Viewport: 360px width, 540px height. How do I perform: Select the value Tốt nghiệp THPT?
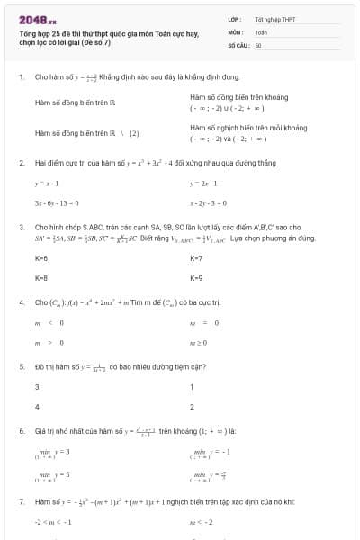click(275, 18)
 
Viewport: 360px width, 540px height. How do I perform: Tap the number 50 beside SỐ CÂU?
click(258, 44)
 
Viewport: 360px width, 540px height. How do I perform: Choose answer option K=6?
click(41, 258)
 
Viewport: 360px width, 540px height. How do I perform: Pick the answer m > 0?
click(43, 343)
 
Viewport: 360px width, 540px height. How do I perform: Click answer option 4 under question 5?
click(37, 407)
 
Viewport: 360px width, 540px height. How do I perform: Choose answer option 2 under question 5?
click(193, 407)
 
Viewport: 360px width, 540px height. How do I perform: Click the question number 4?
click(21, 302)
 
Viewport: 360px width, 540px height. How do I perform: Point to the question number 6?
click(21, 431)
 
